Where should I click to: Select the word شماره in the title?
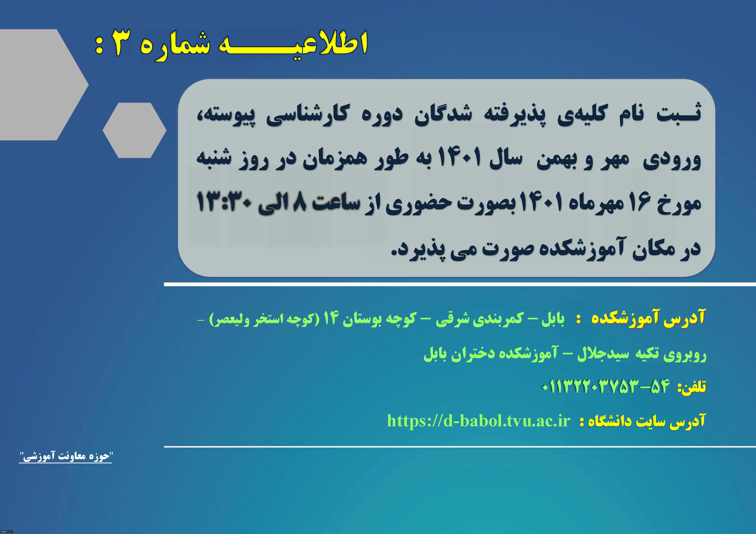174,46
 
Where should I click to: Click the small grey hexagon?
134,130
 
